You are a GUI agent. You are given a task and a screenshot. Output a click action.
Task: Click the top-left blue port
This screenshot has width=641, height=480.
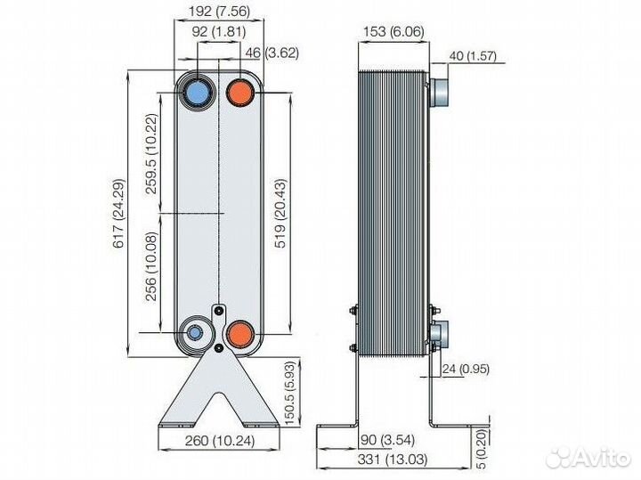click(x=197, y=92)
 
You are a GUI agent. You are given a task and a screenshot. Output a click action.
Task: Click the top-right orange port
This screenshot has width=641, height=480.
click(x=240, y=92)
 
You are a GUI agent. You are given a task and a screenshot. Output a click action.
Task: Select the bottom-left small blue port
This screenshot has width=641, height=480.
click(x=194, y=334)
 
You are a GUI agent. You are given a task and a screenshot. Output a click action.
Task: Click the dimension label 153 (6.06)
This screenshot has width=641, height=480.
click(x=392, y=33)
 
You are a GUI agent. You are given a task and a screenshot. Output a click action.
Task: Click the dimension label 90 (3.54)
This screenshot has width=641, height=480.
click(x=390, y=439)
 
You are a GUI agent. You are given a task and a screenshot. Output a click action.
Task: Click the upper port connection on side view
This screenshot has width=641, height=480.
click(x=439, y=92)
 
